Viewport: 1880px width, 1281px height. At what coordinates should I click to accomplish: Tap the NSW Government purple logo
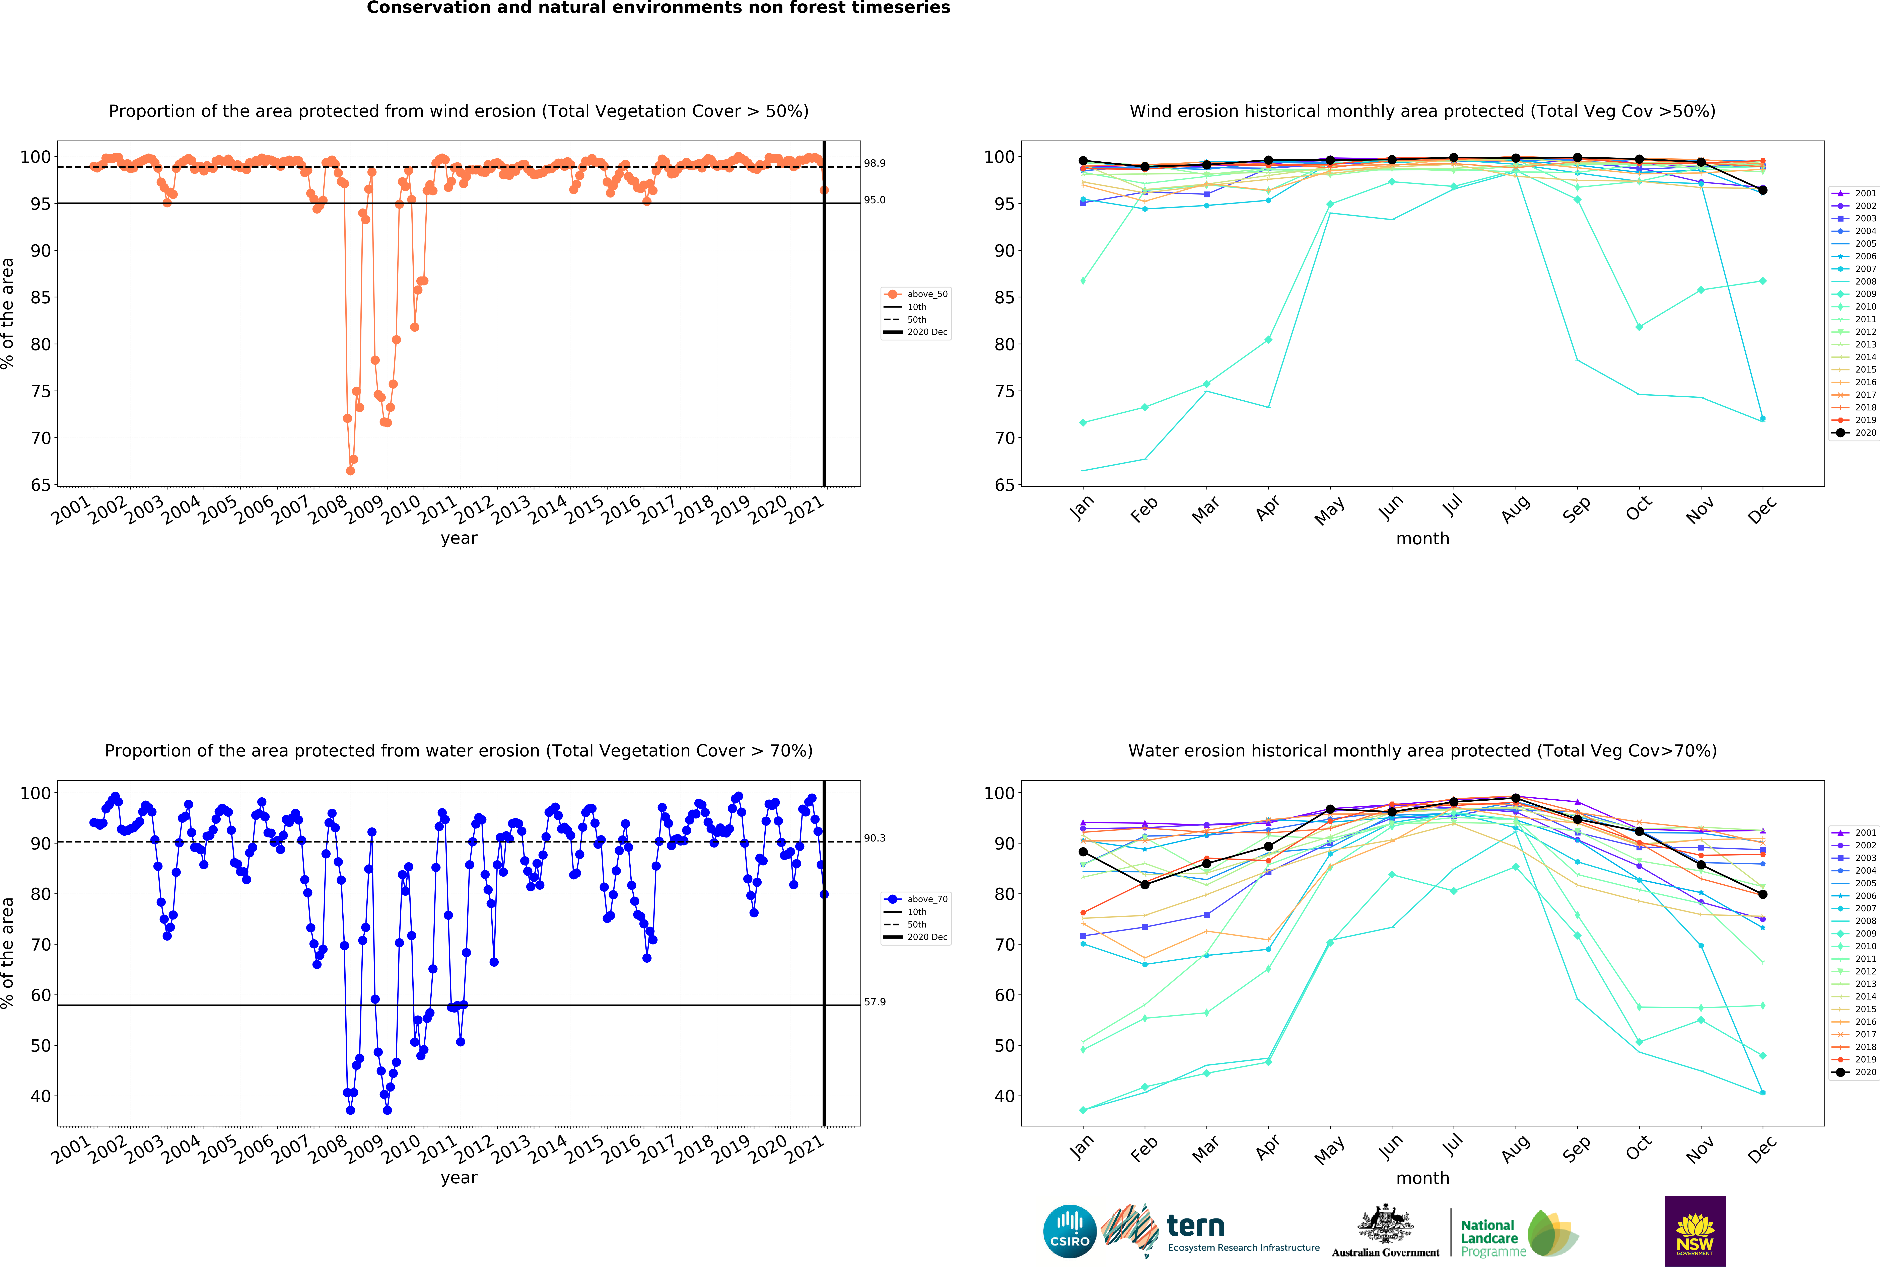click(x=1695, y=1231)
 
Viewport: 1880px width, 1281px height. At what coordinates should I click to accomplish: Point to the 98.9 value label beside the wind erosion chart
click(x=875, y=163)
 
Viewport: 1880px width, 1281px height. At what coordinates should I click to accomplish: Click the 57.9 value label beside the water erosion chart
click(x=875, y=1002)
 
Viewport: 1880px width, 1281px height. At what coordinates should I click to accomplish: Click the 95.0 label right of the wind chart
click(x=875, y=200)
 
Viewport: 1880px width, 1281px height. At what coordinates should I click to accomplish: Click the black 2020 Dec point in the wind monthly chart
click(x=1763, y=190)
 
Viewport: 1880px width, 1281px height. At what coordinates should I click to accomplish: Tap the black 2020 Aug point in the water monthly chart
click(x=1515, y=798)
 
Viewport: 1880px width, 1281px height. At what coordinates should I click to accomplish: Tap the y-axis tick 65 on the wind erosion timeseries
click(x=41, y=485)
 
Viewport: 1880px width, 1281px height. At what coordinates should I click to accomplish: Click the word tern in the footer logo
click(x=1196, y=1226)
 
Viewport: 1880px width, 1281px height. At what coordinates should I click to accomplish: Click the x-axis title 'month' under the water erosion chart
click(x=1422, y=1178)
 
